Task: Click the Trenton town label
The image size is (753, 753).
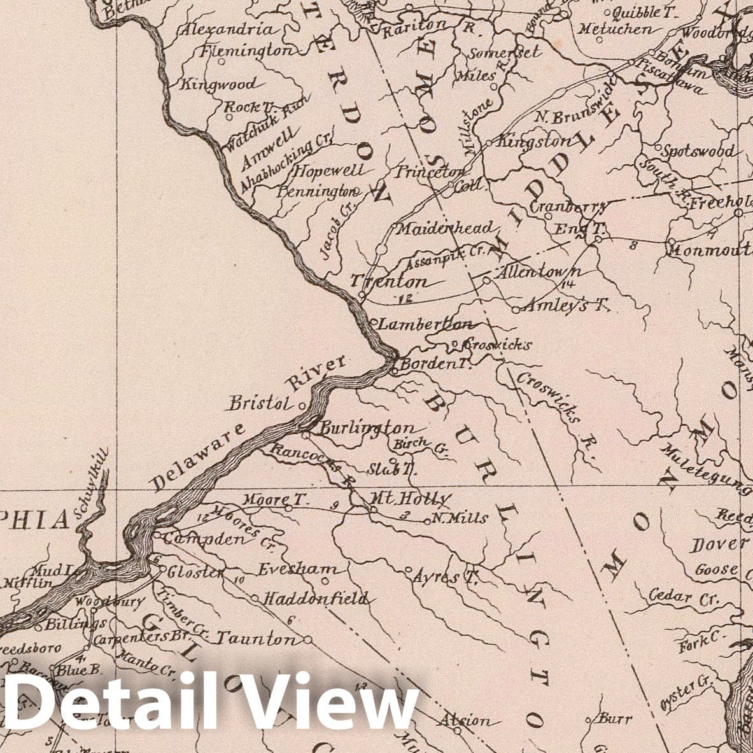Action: point(388,281)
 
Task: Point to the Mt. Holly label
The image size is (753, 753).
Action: point(411,498)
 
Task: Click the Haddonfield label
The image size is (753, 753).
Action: point(315,598)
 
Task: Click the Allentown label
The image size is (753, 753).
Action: point(538,272)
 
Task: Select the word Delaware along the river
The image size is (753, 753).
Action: point(198,458)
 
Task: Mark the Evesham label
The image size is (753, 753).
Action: point(295,569)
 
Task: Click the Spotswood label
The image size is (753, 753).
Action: point(698,151)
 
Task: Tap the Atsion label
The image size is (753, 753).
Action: point(465,721)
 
